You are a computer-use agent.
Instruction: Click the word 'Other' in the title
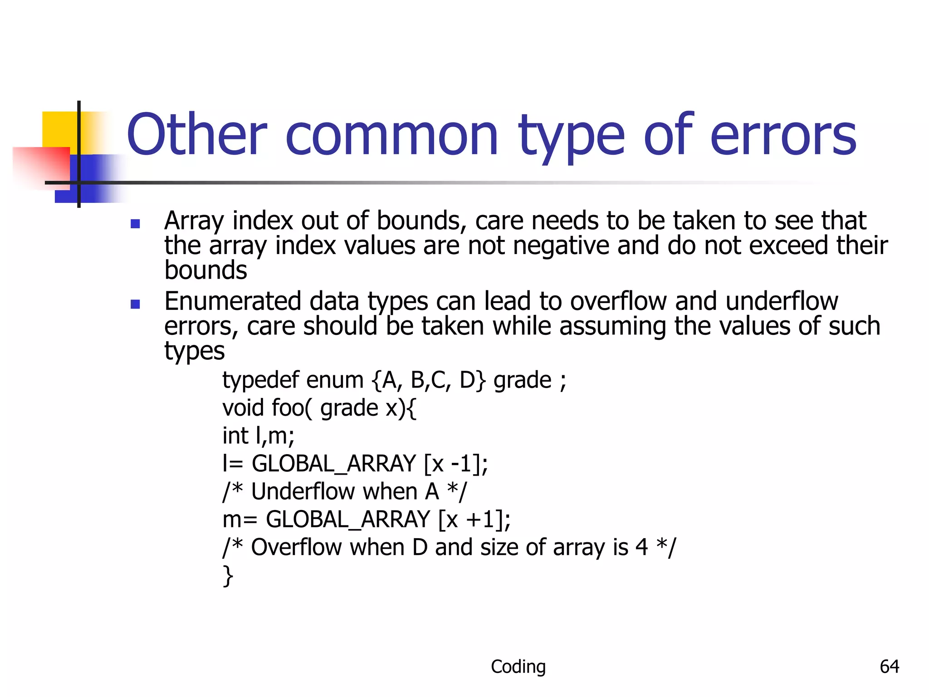(x=197, y=135)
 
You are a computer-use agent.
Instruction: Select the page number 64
(x=889, y=667)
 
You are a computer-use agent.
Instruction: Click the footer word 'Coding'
(x=518, y=667)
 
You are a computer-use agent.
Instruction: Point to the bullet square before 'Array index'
(x=135, y=223)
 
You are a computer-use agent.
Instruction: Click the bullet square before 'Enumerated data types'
(x=135, y=304)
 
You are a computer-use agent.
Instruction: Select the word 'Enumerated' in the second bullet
(x=233, y=301)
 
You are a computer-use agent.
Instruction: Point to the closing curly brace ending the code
(x=228, y=576)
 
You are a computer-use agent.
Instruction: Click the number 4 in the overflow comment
(x=642, y=547)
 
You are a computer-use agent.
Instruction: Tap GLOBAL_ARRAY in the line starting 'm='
(x=347, y=520)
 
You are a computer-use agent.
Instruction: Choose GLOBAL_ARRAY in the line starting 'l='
(x=333, y=464)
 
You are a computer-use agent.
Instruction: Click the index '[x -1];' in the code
(x=456, y=464)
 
